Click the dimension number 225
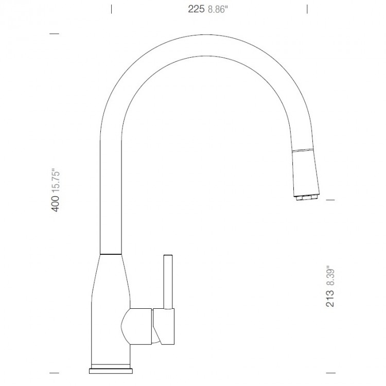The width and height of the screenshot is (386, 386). [197, 8]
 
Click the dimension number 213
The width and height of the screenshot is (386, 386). [330, 299]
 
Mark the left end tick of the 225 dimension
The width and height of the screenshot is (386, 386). [112, 8]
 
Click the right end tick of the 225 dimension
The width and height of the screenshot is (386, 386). [307, 8]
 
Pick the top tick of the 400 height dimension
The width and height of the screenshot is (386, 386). [54, 34]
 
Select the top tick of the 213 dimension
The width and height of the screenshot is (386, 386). [331, 200]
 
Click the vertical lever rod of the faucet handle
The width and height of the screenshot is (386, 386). [167, 280]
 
